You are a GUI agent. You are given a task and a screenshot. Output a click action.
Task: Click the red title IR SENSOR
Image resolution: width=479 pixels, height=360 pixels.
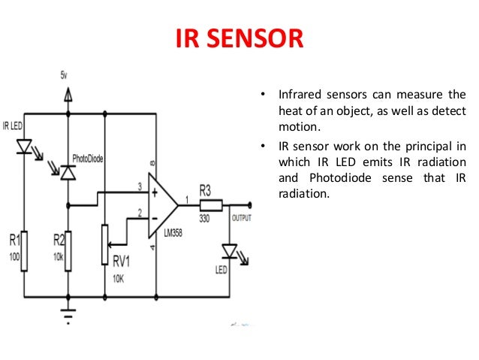coord(239,38)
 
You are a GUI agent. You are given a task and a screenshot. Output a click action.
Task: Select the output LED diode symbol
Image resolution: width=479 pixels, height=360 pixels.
coord(231,252)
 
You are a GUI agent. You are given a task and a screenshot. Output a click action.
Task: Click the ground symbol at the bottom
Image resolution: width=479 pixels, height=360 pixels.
coord(68,310)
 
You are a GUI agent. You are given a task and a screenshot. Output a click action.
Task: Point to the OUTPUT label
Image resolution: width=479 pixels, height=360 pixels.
coord(242,219)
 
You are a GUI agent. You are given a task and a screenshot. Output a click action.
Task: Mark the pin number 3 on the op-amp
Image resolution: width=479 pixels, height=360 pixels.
coord(140,186)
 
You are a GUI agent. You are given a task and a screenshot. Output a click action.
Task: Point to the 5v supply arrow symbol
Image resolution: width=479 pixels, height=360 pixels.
coord(68,94)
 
